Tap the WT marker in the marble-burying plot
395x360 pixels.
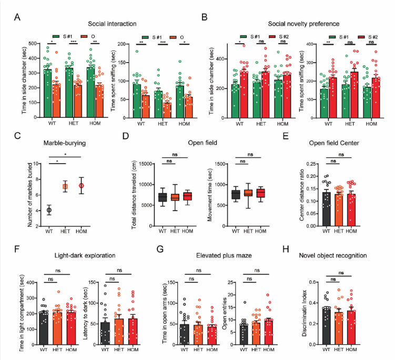coord(49,210)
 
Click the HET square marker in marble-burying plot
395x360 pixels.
coord(65,186)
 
